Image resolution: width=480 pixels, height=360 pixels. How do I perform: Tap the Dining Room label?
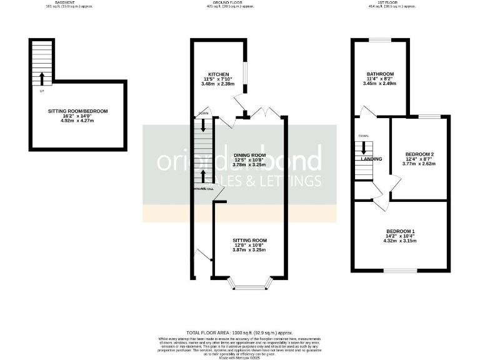[x=250, y=155]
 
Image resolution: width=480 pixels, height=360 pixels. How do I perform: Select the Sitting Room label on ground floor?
[x=250, y=240]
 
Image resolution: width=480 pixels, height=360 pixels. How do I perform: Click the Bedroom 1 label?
[x=400, y=231]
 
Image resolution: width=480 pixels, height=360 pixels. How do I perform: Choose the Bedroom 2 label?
[x=419, y=154]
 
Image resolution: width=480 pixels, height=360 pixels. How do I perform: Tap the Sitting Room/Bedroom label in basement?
[x=78, y=111]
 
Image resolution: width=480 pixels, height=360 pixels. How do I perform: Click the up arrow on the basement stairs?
[x=42, y=78]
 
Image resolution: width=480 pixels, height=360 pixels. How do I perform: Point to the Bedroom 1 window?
[x=401, y=271]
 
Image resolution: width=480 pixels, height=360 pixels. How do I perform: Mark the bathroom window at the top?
[x=379, y=40]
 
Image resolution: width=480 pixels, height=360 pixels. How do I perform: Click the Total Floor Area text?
[x=240, y=332]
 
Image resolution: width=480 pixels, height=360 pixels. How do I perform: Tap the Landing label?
[x=371, y=159]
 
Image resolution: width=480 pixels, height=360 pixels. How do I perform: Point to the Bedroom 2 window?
[x=428, y=116]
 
